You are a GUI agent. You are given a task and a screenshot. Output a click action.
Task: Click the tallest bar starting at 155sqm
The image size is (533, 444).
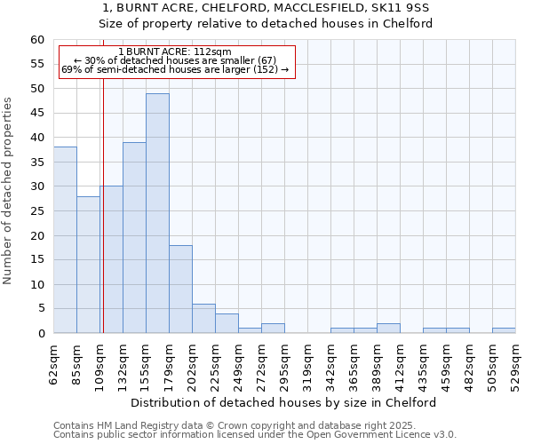click(x=157, y=213)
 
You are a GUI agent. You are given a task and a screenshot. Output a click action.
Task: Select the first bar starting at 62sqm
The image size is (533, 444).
click(x=65, y=240)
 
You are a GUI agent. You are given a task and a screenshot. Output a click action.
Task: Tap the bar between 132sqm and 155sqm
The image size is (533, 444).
click(x=134, y=237)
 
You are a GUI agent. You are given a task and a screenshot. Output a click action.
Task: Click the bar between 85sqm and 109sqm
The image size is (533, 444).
click(x=88, y=265)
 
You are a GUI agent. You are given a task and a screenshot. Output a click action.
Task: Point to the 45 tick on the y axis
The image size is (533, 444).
click(x=36, y=113)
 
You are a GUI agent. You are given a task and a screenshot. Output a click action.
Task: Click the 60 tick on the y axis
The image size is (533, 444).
click(x=36, y=40)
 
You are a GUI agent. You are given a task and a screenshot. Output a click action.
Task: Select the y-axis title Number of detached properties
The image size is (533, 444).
click(x=9, y=191)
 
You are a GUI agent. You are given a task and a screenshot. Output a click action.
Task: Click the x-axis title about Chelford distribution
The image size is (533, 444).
click(x=290, y=402)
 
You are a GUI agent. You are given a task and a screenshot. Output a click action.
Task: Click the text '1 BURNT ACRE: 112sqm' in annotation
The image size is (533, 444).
click(x=174, y=52)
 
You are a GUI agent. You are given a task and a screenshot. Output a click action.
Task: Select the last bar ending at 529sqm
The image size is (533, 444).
click(x=504, y=330)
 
